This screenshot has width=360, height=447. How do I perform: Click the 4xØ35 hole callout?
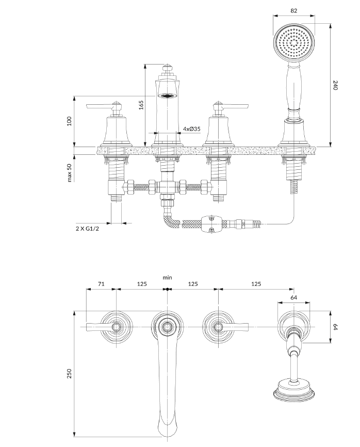191,129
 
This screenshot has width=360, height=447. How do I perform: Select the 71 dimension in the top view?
101,284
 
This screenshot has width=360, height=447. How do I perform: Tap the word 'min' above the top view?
167,277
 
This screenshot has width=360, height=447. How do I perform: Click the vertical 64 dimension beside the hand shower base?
335,327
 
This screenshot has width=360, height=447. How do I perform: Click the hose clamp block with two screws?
211,223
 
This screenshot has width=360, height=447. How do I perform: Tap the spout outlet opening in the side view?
167,96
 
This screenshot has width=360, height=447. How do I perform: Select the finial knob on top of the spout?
167,68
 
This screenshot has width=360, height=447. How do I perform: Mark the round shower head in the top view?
294,391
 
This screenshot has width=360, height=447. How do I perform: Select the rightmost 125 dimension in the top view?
256,284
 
